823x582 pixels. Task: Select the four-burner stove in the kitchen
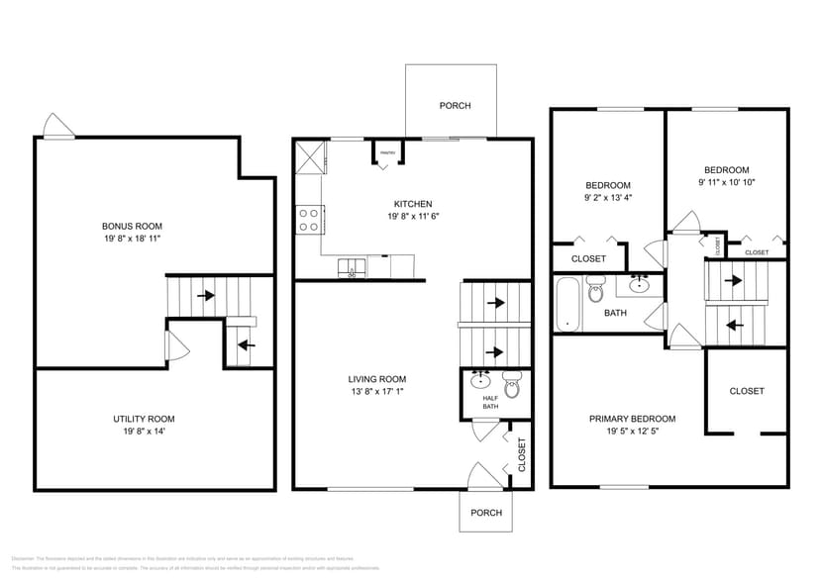[308, 219]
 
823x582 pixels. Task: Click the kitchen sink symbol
[351, 266]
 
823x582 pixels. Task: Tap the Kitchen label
[412, 204]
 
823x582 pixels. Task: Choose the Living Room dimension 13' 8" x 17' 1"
[376, 392]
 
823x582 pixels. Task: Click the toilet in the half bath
[511, 382]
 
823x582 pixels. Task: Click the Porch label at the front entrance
[485, 513]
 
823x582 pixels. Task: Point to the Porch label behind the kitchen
[455, 106]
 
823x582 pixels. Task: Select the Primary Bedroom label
[632, 419]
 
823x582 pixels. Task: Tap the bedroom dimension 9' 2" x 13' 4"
[608, 197]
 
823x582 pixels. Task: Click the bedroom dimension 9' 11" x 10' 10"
[726, 182]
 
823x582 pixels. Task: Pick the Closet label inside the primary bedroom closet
[747, 391]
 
